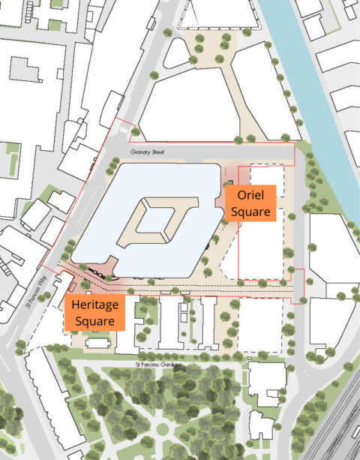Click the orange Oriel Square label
[251, 203]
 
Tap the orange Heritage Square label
[94, 312]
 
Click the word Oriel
[251, 195]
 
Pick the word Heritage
[94, 305]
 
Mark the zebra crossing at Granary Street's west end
[122, 131]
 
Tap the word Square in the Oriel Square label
[251, 211]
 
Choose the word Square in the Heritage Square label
[94, 320]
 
